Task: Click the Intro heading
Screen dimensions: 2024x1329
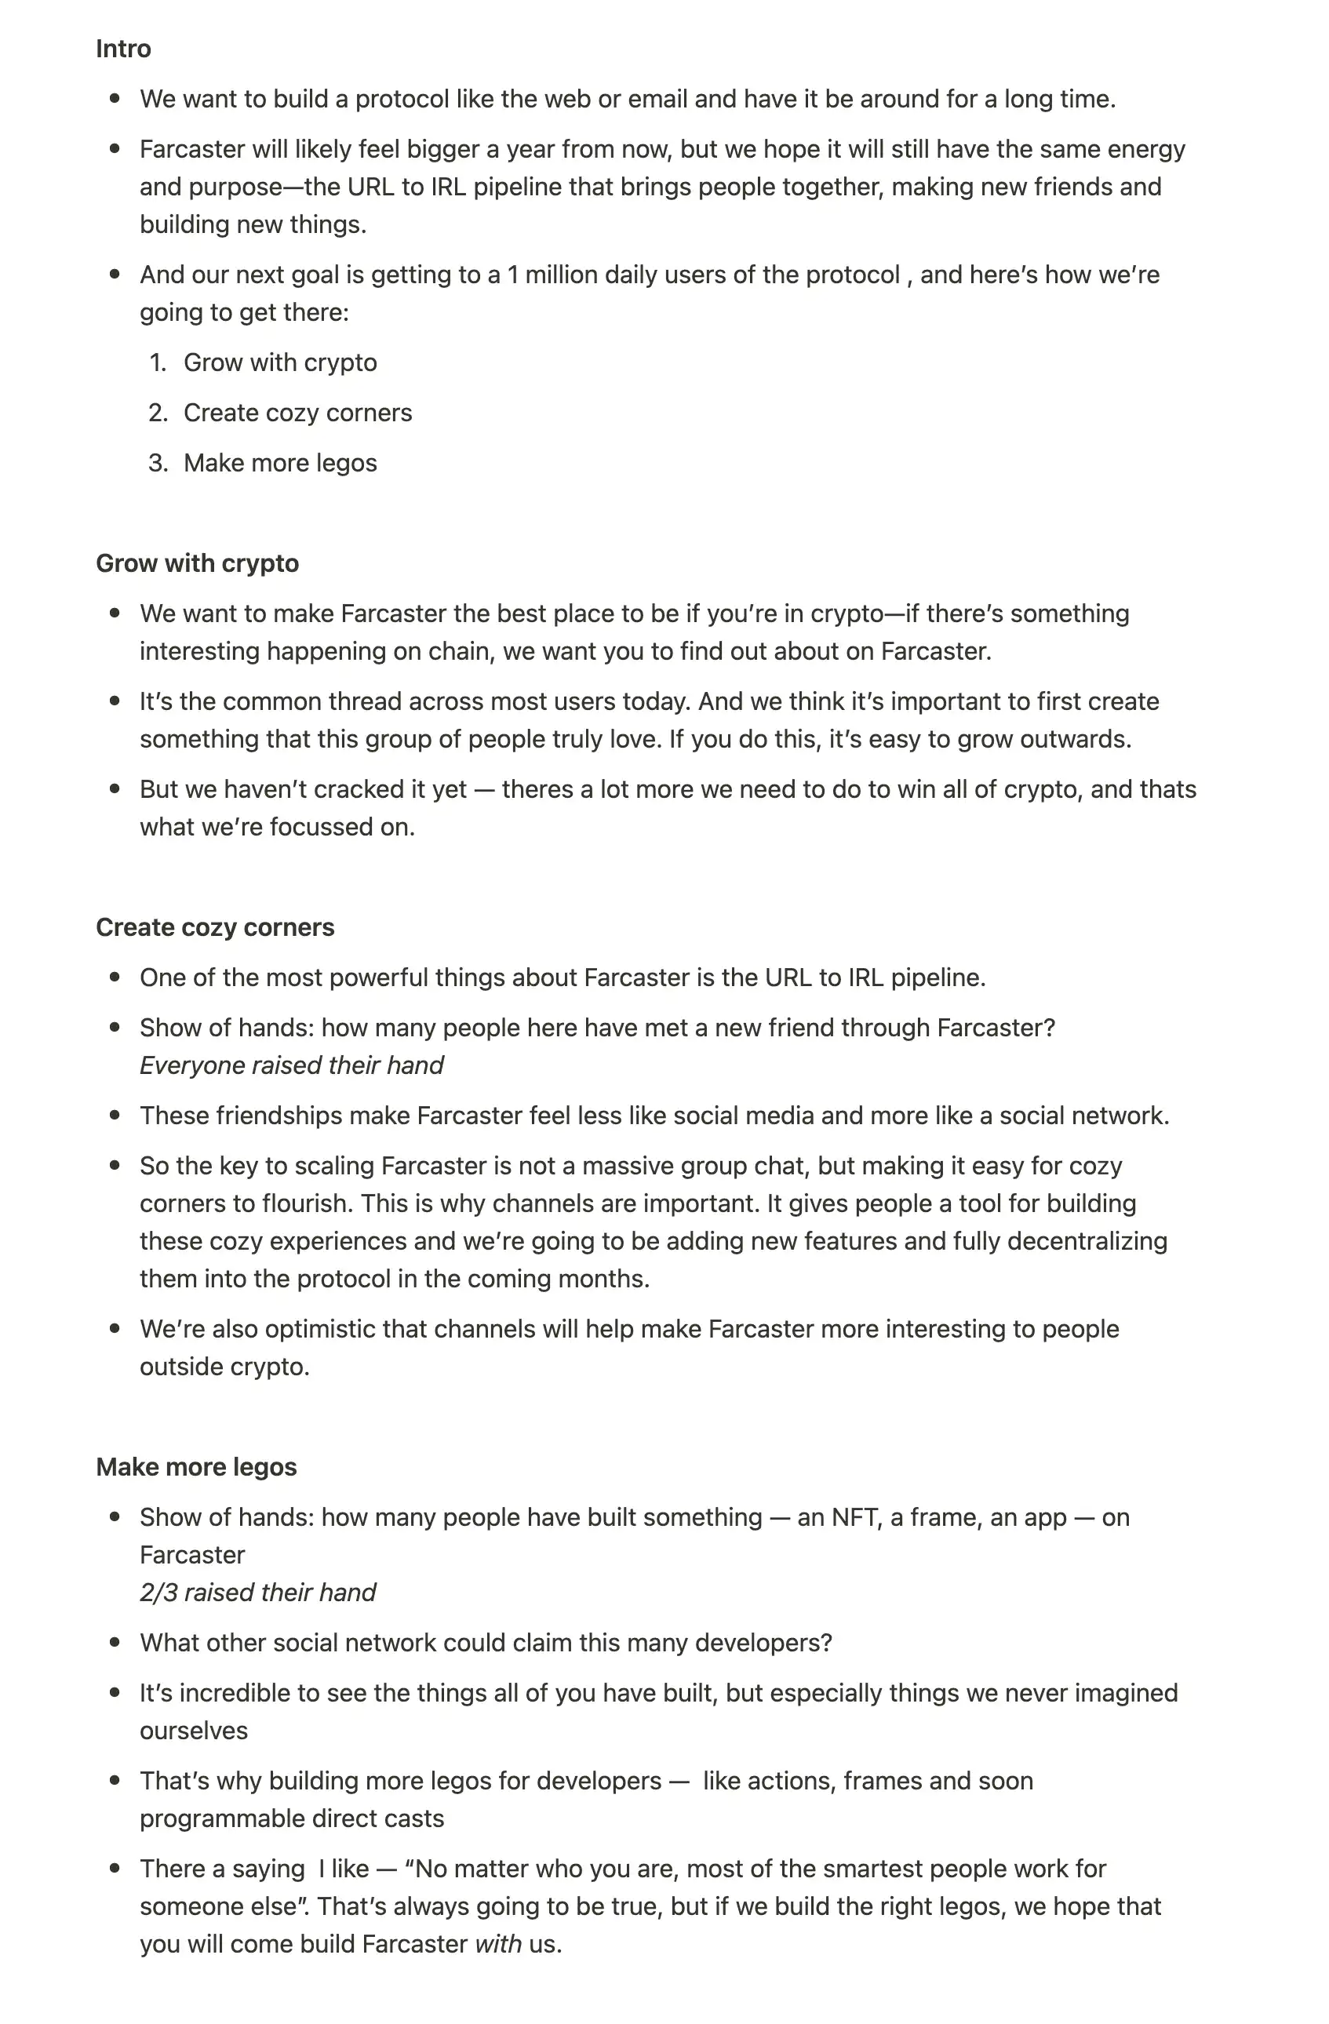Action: click(x=123, y=49)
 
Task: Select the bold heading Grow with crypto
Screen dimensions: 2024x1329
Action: click(x=197, y=563)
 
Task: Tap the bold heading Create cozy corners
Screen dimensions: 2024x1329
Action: click(x=215, y=927)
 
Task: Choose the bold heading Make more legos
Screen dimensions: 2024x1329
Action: click(x=196, y=1467)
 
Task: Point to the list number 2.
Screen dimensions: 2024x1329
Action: click(x=158, y=413)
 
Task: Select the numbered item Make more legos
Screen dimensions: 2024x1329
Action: click(x=280, y=463)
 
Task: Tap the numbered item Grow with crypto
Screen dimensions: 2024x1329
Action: click(x=280, y=362)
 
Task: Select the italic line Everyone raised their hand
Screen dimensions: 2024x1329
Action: click(x=292, y=1065)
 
